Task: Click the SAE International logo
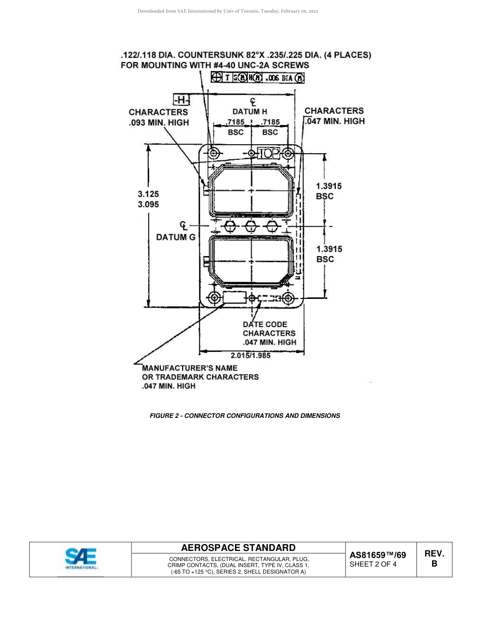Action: pyautogui.click(x=81, y=559)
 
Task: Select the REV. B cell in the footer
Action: pyautogui.click(x=434, y=559)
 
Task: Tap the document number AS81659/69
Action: pyautogui.click(x=378, y=555)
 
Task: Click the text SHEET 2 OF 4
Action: pyautogui.click(x=373, y=565)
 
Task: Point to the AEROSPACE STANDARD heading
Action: pyautogui.click(x=238, y=548)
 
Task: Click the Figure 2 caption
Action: pyautogui.click(x=245, y=416)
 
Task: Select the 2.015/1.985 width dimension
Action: pyautogui.click(x=251, y=355)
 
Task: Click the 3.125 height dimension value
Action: pyautogui.click(x=148, y=194)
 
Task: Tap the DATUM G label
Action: pyautogui.click(x=175, y=237)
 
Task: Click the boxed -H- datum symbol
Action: pyautogui.click(x=181, y=100)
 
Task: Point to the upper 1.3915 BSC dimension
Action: pyautogui.click(x=329, y=191)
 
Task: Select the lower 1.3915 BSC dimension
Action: pyautogui.click(x=329, y=254)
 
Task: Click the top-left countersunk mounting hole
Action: pyautogui.click(x=214, y=153)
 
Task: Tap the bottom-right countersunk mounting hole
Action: pyautogui.click(x=288, y=298)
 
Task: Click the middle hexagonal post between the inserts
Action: pyautogui.click(x=251, y=225)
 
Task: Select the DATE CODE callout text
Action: pyautogui.click(x=269, y=333)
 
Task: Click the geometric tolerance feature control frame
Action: pyautogui.click(x=258, y=78)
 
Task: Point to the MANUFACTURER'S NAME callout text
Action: pyautogui.click(x=200, y=377)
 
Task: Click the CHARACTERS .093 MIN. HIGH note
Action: pyautogui.click(x=158, y=117)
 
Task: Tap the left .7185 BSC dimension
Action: pyautogui.click(x=235, y=127)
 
